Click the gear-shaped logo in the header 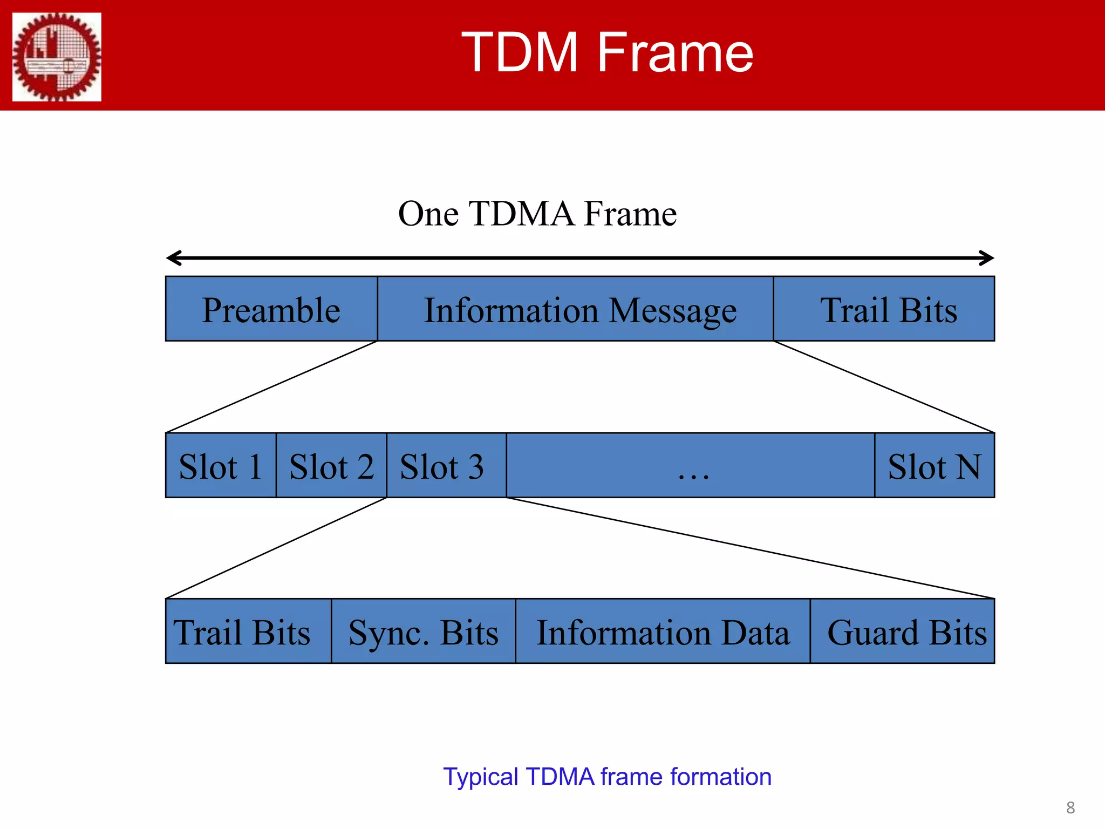point(57,57)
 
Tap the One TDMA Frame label point(537,213)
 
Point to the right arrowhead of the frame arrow point(987,258)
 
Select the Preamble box point(271,309)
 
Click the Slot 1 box point(221,466)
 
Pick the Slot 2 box point(331,466)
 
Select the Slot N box point(935,466)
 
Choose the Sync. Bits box point(424,631)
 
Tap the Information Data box point(663,631)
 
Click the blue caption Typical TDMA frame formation point(607,777)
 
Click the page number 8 point(1070,807)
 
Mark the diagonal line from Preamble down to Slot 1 point(271,387)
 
